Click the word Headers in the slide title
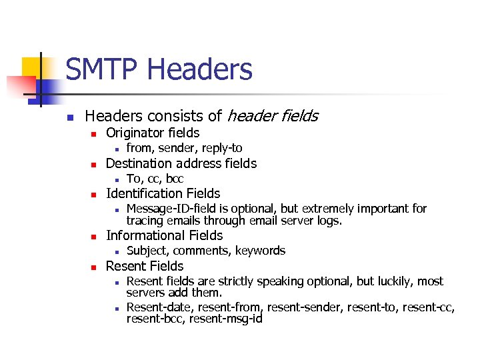(199, 69)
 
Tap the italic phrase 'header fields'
(272, 116)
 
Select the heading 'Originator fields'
(153, 133)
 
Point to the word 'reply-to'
(221, 148)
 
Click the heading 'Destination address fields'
(181, 163)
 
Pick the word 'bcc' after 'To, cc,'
(175, 179)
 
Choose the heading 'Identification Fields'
(163, 193)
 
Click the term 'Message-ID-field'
(169, 209)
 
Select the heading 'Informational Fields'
(164, 235)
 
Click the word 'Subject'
(147, 251)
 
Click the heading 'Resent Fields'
(145, 266)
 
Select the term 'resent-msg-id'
(226, 319)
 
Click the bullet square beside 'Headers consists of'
(69, 117)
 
